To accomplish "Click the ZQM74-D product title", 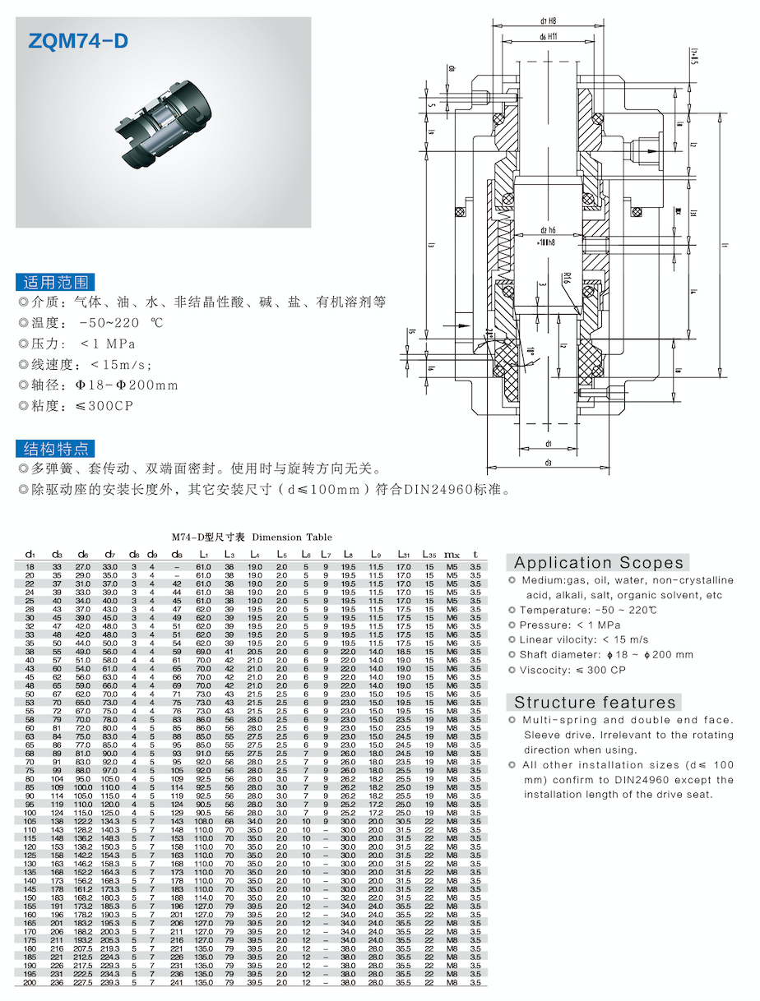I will click(x=78, y=43).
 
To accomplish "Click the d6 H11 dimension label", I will click(x=549, y=37).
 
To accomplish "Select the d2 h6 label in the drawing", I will click(x=549, y=229).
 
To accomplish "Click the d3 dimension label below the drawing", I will click(x=548, y=463).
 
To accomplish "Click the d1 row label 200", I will click(x=30, y=982).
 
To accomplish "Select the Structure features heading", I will click(x=595, y=703).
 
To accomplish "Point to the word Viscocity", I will click(x=545, y=670).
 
